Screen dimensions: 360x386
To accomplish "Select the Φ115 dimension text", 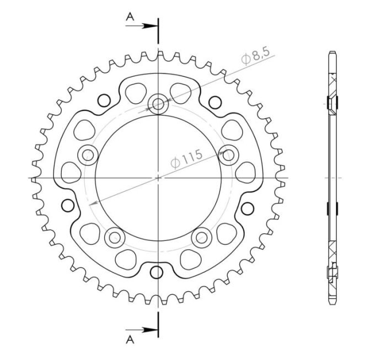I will click(186, 158).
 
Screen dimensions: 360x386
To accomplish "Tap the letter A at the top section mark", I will click(130, 17).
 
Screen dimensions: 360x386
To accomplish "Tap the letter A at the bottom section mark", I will click(130, 338).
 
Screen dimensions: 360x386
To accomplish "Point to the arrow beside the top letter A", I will click(148, 25).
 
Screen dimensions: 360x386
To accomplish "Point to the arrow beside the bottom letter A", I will click(148, 330).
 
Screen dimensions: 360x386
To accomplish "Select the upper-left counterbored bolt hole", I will click(87, 154).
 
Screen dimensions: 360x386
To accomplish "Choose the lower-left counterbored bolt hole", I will click(115, 238).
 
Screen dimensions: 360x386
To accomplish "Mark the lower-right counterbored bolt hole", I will click(202, 238).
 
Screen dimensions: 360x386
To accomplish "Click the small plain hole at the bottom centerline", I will click(158, 273).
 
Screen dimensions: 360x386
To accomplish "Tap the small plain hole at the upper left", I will click(103, 100).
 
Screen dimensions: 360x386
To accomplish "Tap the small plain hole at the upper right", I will click(214, 100).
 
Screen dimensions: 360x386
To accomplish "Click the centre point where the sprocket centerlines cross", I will click(158, 178).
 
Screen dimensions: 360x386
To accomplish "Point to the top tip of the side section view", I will click(332, 52).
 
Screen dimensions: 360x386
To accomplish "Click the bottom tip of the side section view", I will click(332, 304).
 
